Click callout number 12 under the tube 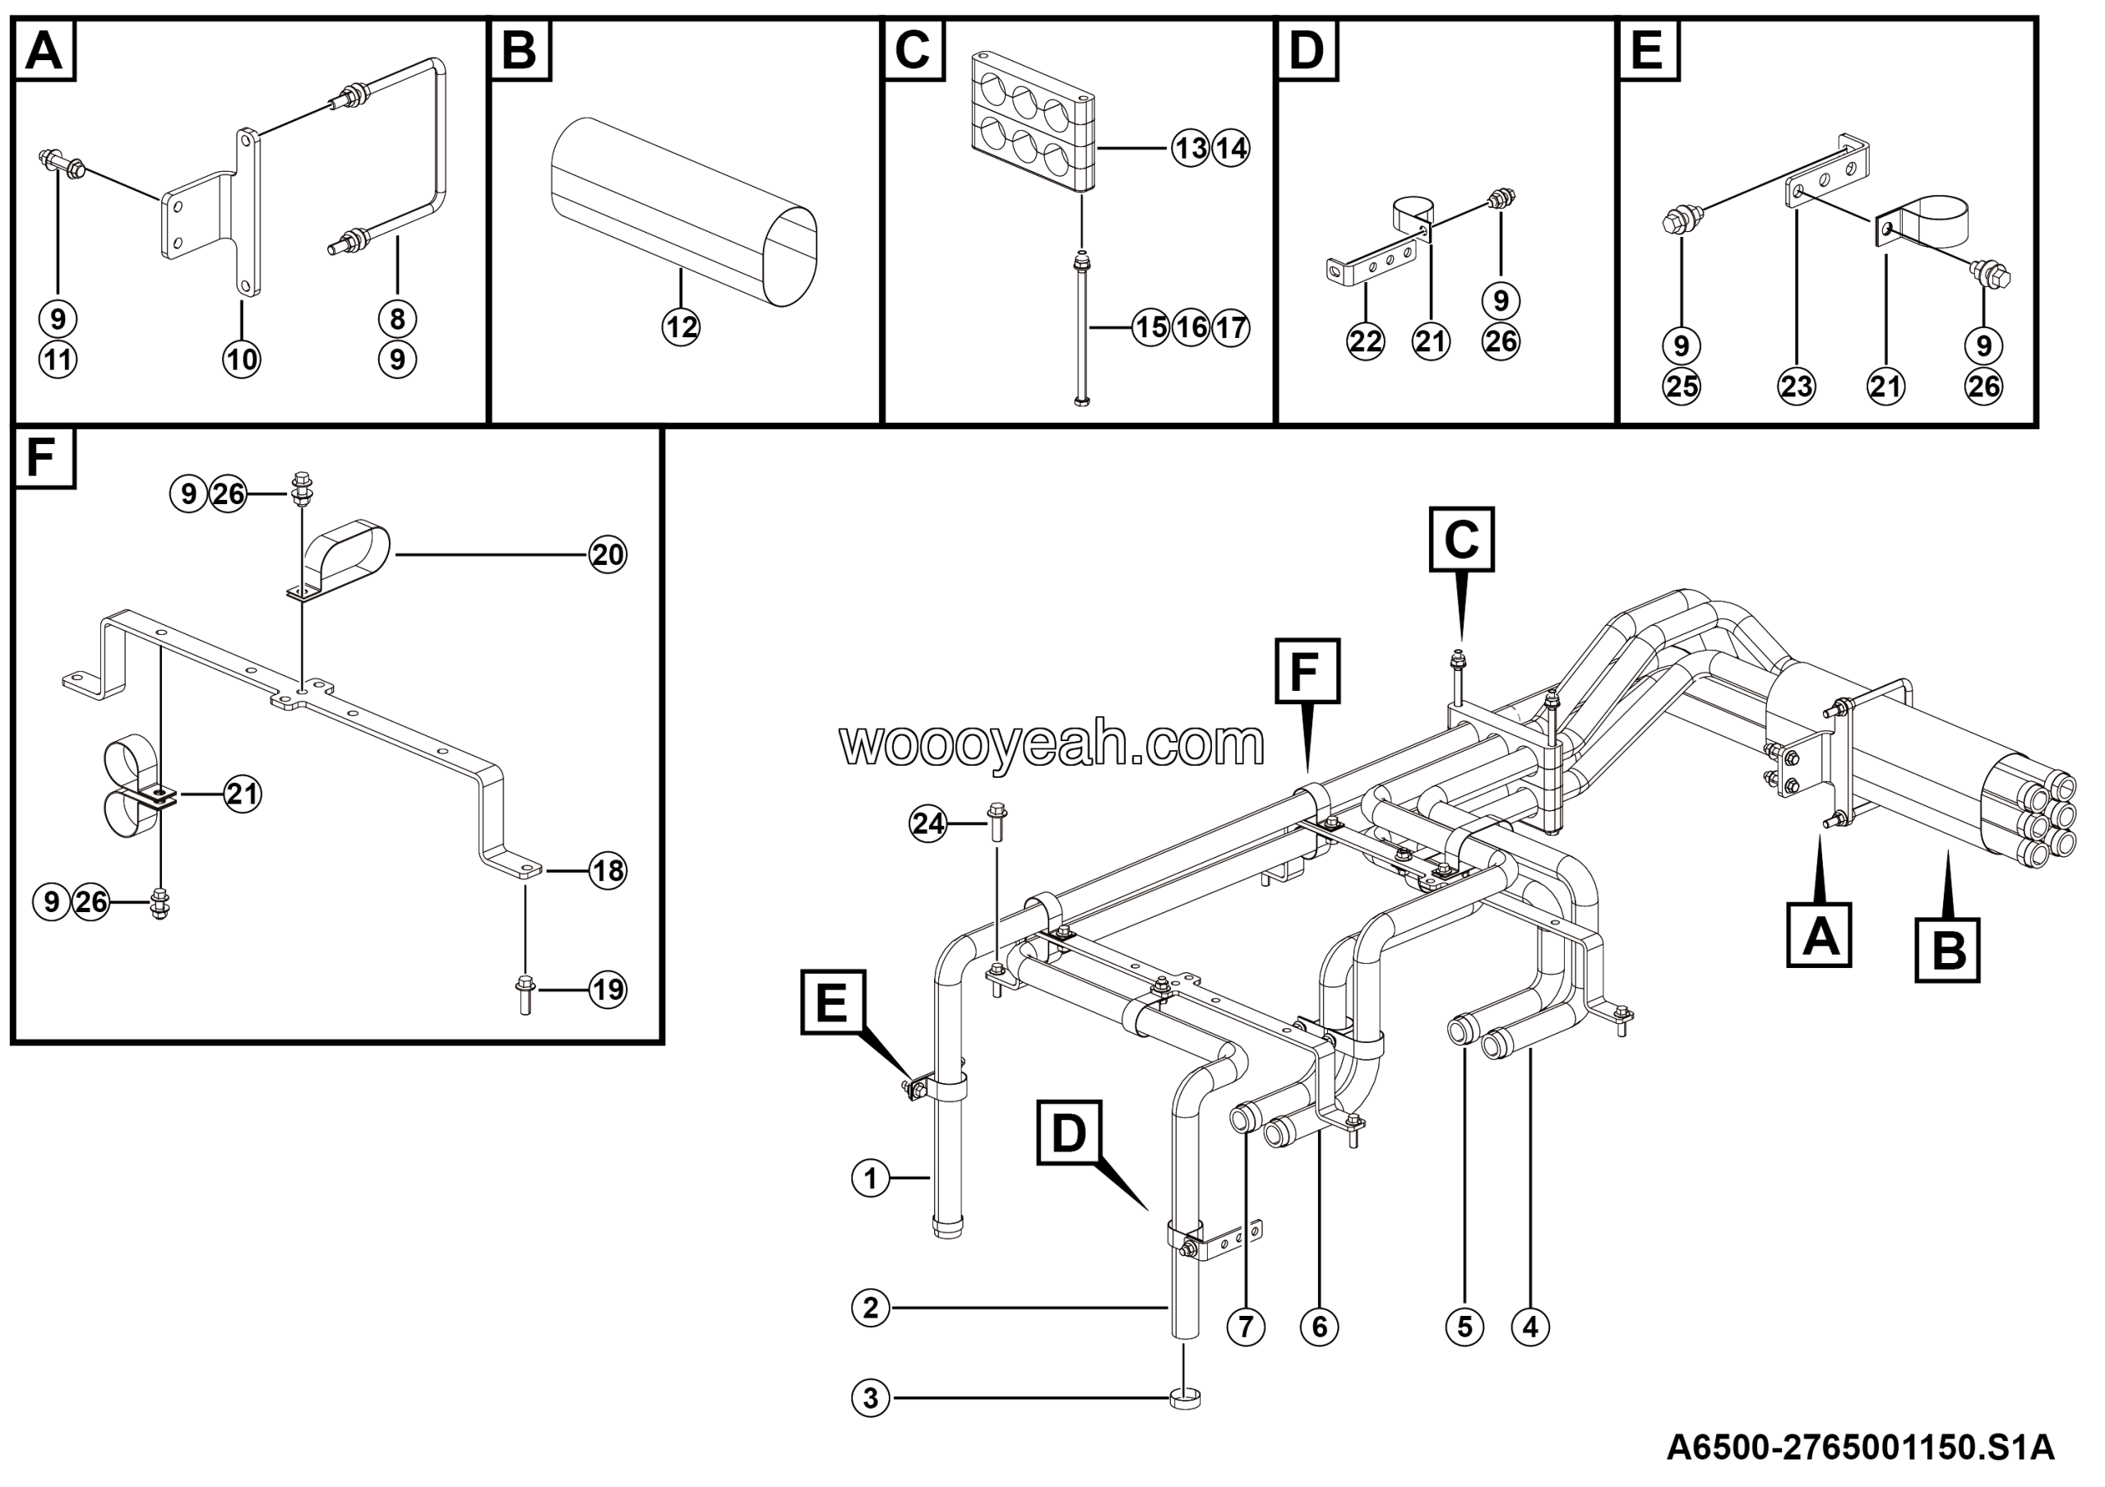(x=680, y=327)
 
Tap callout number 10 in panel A (x=242, y=359)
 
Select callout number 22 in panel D (x=1365, y=341)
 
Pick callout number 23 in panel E (x=1796, y=385)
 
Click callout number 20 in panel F (x=607, y=554)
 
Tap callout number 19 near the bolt (x=607, y=989)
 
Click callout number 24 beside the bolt (x=928, y=824)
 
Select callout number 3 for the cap (x=870, y=1398)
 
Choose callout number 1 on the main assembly (x=870, y=1178)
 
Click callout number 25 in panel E (x=1682, y=386)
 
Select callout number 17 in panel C (x=1231, y=327)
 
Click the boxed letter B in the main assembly (x=1947, y=950)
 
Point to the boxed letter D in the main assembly (x=1069, y=1133)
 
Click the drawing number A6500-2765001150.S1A (x=1860, y=1449)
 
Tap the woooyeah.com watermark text (x=1052, y=743)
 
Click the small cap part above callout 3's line (x=1186, y=1398)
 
